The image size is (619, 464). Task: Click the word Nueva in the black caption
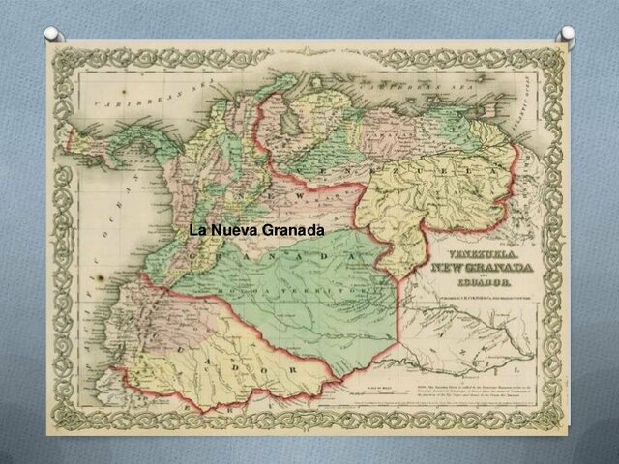pyautogui.click(x=238, y=231)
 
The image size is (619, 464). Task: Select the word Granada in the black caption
pyautogui.click(x=293, y=231)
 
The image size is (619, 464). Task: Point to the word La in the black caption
pyautogui.click(x=198, y=231)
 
